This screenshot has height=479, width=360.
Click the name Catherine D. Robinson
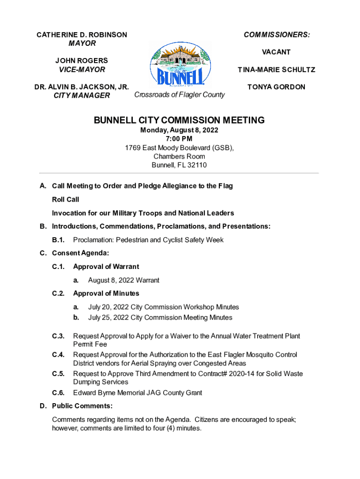click(x=82, y=35)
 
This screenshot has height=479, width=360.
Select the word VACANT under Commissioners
click(x=276, y=52)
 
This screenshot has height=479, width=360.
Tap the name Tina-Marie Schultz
click(x=276, y=70)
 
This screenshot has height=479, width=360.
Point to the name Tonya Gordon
click(x=276, y=87)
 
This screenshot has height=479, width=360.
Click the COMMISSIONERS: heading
click(x=276, y=35)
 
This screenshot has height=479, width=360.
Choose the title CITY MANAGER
click(x=82, y=95)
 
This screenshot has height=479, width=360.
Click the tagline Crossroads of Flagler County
click(x=180, y=94)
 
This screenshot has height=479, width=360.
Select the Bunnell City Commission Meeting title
click(x=180, y=120)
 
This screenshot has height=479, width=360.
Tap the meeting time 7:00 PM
click(x=179, y=139)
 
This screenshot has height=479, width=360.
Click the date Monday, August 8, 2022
click(x=180, y=130)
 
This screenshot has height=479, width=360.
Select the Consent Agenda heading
click(x=80, y=253)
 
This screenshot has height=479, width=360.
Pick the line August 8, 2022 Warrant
click(x=123, y=280)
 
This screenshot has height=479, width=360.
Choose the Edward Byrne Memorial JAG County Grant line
click(x=137, y=393)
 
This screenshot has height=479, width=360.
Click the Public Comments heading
click(x=82, y=406)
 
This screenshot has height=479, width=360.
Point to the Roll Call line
click(x=65, y=200)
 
